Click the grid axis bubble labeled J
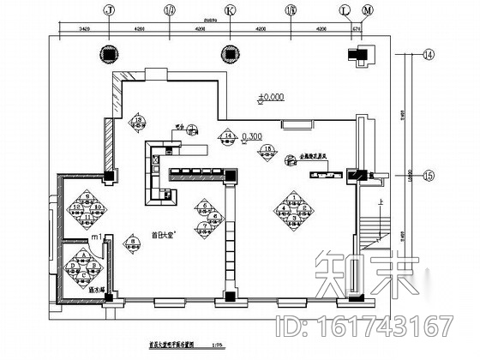pos(108,11)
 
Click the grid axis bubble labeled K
pos(227,11)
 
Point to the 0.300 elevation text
pos(252,136)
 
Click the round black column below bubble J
pos(108,51)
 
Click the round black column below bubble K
pos(227,51)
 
